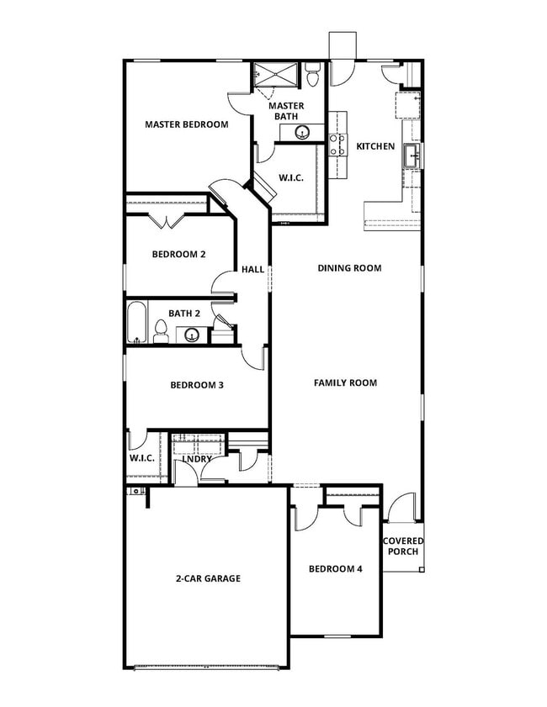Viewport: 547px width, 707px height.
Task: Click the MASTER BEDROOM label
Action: click(186, 124)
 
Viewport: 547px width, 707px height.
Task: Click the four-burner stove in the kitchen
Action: click(337, 145)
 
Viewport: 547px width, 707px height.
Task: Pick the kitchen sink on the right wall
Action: click(412, 156)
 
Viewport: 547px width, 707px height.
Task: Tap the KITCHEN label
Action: click(375, 146)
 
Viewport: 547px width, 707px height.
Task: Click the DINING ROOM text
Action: click(349, 268)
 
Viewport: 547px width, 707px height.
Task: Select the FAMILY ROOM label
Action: click(345, 383)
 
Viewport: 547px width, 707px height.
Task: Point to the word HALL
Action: click(252, 270)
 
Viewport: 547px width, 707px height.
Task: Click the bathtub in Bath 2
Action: click(137, 324)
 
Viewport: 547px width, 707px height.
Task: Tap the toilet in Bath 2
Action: click(161, 334)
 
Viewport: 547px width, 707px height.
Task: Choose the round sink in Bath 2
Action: click(192, 335)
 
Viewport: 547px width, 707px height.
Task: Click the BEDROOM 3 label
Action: click(196, 386)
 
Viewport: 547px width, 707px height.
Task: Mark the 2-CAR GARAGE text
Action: click(208, 578)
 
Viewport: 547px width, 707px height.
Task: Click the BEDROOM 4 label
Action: click(335, 569)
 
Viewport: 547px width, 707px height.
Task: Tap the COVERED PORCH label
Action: click(403, 546)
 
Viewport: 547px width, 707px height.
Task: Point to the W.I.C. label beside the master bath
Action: click(291, 177)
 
